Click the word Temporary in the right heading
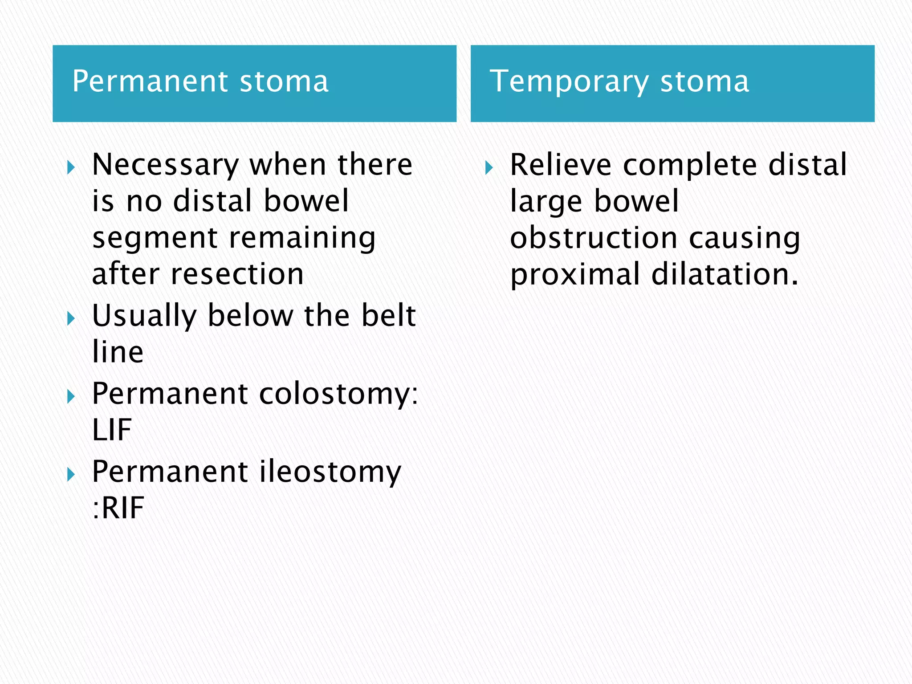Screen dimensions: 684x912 (569, 82)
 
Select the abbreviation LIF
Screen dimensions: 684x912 (112, 430)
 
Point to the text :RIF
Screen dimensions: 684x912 (118, 508)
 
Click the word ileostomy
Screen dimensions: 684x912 (330, 472)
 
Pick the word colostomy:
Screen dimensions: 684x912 (338, 395)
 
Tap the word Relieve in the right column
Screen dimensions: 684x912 (561, 165)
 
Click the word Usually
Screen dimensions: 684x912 (144, 316)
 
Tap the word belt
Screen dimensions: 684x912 (388, 315)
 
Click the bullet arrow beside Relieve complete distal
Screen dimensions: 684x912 (489, 168)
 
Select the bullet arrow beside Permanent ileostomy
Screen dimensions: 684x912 (71, 475)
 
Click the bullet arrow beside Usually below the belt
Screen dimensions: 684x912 (71, 319)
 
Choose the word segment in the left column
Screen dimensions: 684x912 (155, 239)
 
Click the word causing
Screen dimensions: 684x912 (744, 238)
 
